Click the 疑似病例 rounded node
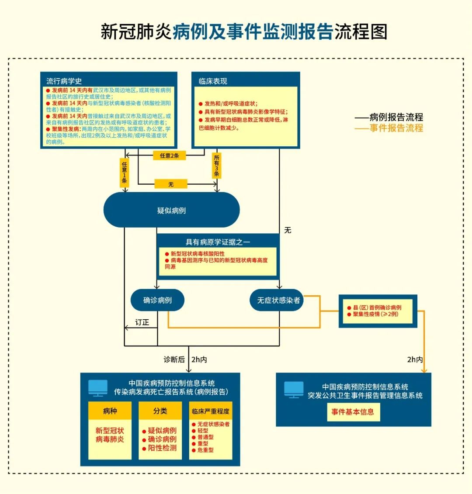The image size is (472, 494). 171,210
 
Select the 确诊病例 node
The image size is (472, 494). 157,300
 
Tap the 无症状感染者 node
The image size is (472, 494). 278,300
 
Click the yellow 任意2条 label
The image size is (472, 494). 169,155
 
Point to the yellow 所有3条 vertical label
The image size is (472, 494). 216,166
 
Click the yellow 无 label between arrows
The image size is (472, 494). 171,184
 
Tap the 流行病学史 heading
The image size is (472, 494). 64,81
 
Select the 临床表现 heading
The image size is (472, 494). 213,81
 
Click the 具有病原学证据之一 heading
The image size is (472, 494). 218,242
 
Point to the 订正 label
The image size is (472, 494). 142,322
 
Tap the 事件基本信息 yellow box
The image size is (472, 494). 352,412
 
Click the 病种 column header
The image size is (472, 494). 110,411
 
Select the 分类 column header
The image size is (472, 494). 160,411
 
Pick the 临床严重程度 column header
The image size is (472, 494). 210,411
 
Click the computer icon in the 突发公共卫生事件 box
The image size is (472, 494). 294,390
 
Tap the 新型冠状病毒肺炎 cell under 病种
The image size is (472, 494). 110,435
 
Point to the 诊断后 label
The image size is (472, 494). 174,359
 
